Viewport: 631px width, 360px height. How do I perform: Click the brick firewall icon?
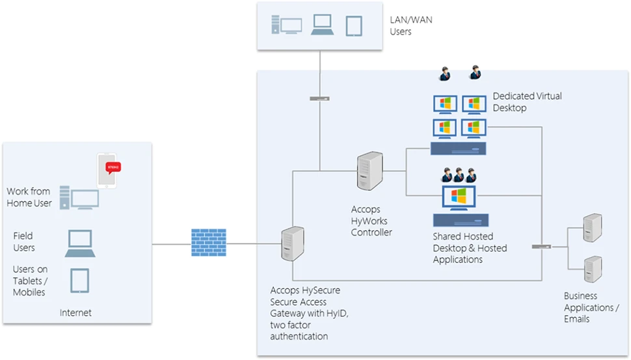[x=208, y=243]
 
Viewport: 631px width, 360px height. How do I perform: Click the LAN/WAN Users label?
[x=410, y=25]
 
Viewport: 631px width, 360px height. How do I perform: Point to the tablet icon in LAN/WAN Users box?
[x=353, y=25]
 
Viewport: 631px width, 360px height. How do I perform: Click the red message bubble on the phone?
[x=113, y=167]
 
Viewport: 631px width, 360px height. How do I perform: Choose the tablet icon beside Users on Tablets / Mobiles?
[x=79, y=281]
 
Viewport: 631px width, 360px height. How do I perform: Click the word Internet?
[x=75, y=313]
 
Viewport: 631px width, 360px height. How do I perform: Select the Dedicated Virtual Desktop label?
[x=527, y=102]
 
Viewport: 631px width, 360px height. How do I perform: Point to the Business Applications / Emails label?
[x=591, y=307]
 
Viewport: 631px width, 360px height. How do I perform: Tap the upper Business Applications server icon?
[x=592, y=228]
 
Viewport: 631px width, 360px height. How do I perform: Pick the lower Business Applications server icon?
[x=592, y=268]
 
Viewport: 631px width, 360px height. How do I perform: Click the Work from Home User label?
[x=29, y=197]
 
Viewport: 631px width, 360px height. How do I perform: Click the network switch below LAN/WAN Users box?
[x=319, y=98]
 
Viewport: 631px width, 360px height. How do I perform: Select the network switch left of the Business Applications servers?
[x=541, y=246]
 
